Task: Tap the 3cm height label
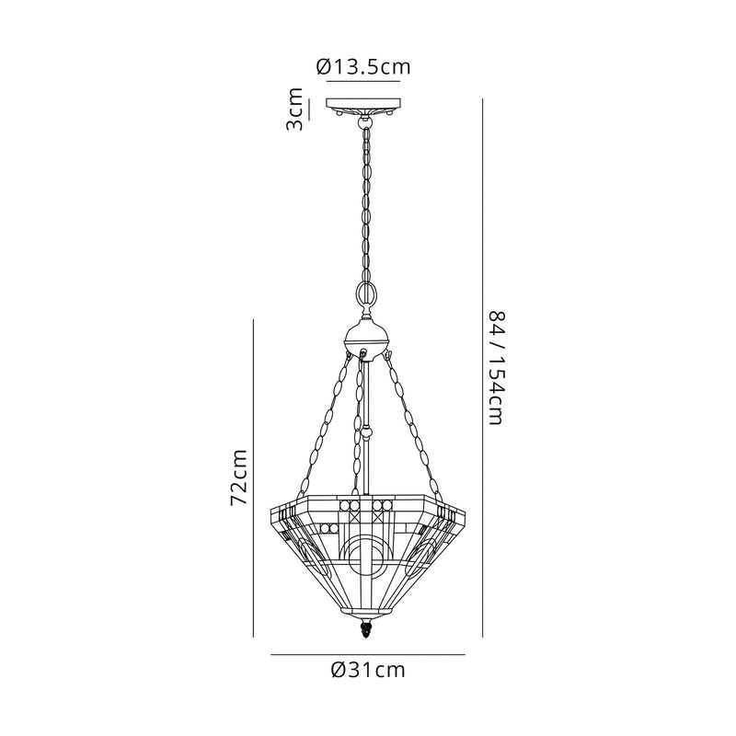294,109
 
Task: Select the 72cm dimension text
238,477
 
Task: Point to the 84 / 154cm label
496,368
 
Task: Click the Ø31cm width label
367,670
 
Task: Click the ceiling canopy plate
364,104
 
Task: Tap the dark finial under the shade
365,633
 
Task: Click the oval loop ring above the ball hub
365,296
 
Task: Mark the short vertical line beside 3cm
310,109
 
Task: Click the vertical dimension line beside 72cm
253,477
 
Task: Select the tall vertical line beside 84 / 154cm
483,368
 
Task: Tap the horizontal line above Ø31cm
368,654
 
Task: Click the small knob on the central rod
366,429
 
